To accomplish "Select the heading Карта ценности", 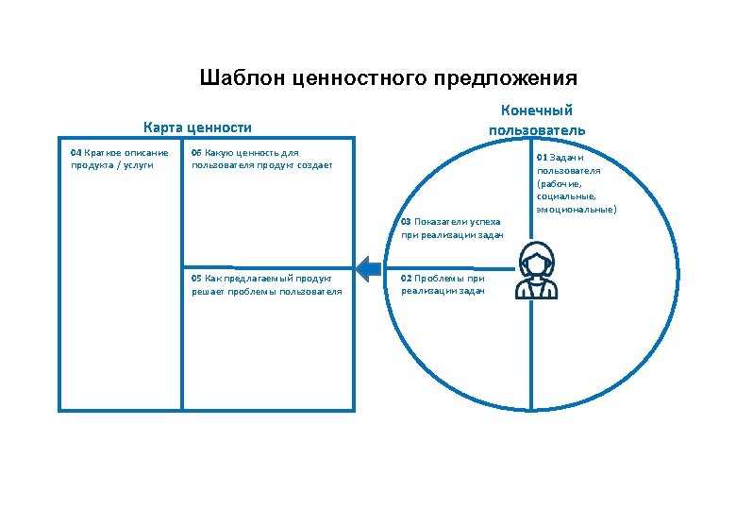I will pos(197,127).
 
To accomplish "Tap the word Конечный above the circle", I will pos(536,110).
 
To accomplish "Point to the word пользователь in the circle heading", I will pos(536,129).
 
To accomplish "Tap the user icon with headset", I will pos(535,271).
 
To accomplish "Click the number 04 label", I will pos(76,152).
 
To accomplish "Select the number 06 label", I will pos(196,152).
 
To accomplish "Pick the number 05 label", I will pos(196,279).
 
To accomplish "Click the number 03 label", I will pos(406,222).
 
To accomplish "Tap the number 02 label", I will pos(406,279).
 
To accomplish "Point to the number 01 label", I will pos(542,157).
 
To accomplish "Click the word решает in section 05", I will pos(207,292).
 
